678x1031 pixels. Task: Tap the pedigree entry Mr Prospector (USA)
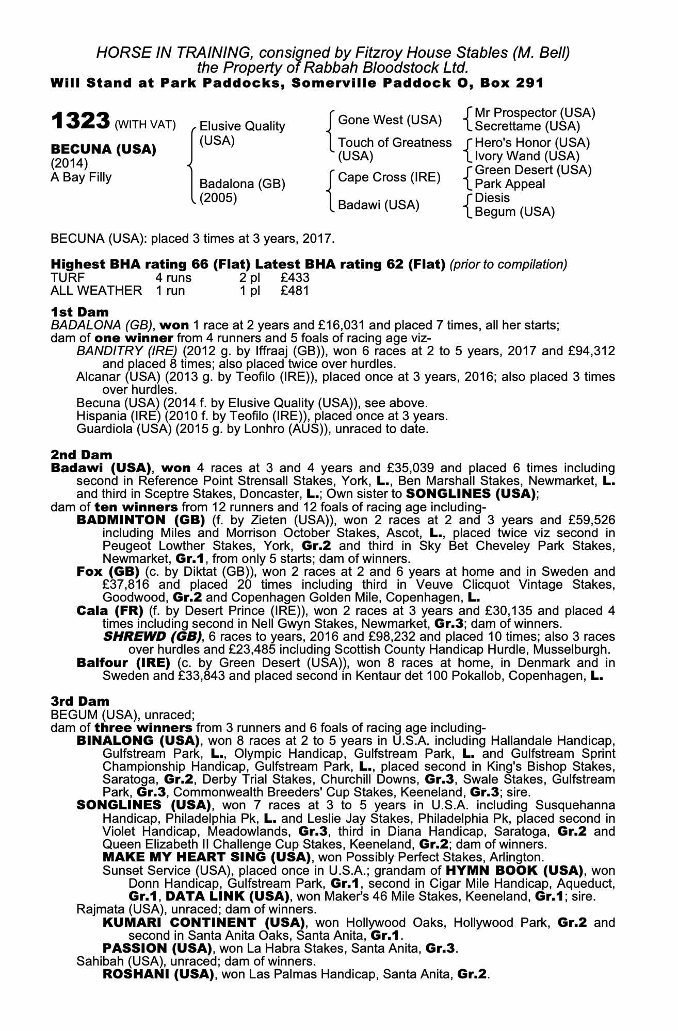[x=535, y=113]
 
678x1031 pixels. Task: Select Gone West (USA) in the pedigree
[x=390, y=120]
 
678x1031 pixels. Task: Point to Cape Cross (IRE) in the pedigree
[x=389, y=177]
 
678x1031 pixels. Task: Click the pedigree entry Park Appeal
[x=510, y=184]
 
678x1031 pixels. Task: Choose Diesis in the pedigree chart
[x=492, y=198]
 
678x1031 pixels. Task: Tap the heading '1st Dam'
[x=79, y=312]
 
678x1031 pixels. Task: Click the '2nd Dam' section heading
[x=81, y=455]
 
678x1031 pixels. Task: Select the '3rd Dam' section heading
[x=80, y=701]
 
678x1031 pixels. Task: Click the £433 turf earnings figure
[x=295, y=278]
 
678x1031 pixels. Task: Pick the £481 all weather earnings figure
[x=295, y=291]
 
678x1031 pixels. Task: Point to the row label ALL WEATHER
[x=96, y=291]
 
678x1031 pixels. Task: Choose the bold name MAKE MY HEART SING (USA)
[x=206, y=857]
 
